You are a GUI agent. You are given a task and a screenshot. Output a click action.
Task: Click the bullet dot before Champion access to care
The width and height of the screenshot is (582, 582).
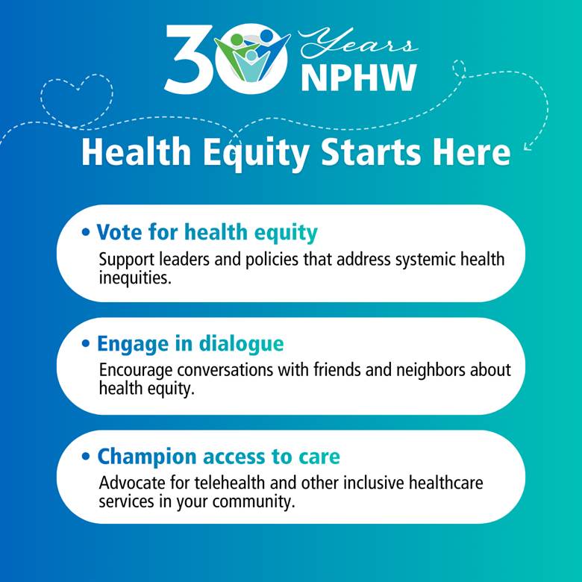pyautogui.click(x=87, y=457)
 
